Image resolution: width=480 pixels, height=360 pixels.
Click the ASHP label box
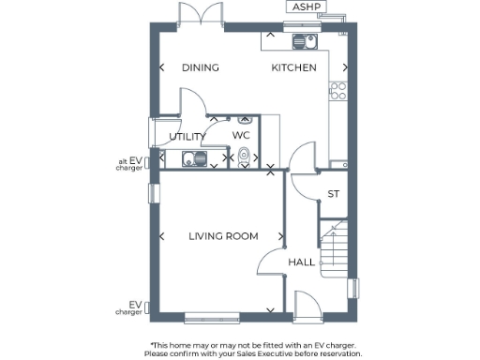pyautogui.click(x=306, y=7)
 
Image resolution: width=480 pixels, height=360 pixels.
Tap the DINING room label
pyautogui.click(x=200, y=67)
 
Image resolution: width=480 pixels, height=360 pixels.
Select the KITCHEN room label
pyautogui.click(x=293, y=67)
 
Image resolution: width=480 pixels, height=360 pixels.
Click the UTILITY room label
pyautogui.click(x=187, y=137)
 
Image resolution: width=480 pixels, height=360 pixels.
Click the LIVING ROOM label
pyautogui.click(x=223, y=236)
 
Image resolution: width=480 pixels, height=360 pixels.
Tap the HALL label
pyautogui.click(x=301, y=262)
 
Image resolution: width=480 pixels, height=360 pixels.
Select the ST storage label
pyautogui.click(x=333, y=194)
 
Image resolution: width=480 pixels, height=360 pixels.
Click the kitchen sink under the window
pyautogui.click(x=305, y=41)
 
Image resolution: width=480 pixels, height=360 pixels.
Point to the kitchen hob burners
pyautogui.click(x=338, y=91)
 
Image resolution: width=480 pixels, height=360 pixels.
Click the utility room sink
pyautogui.click(x=194, y=159)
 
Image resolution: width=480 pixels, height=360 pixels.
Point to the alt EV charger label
pyautogui.click(x=129, y=165)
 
